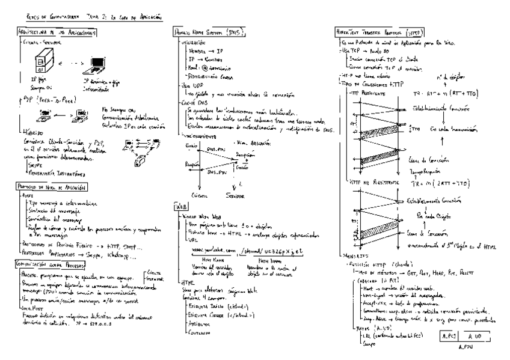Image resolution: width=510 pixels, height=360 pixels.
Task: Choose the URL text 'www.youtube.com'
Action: tap(200, 251)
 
